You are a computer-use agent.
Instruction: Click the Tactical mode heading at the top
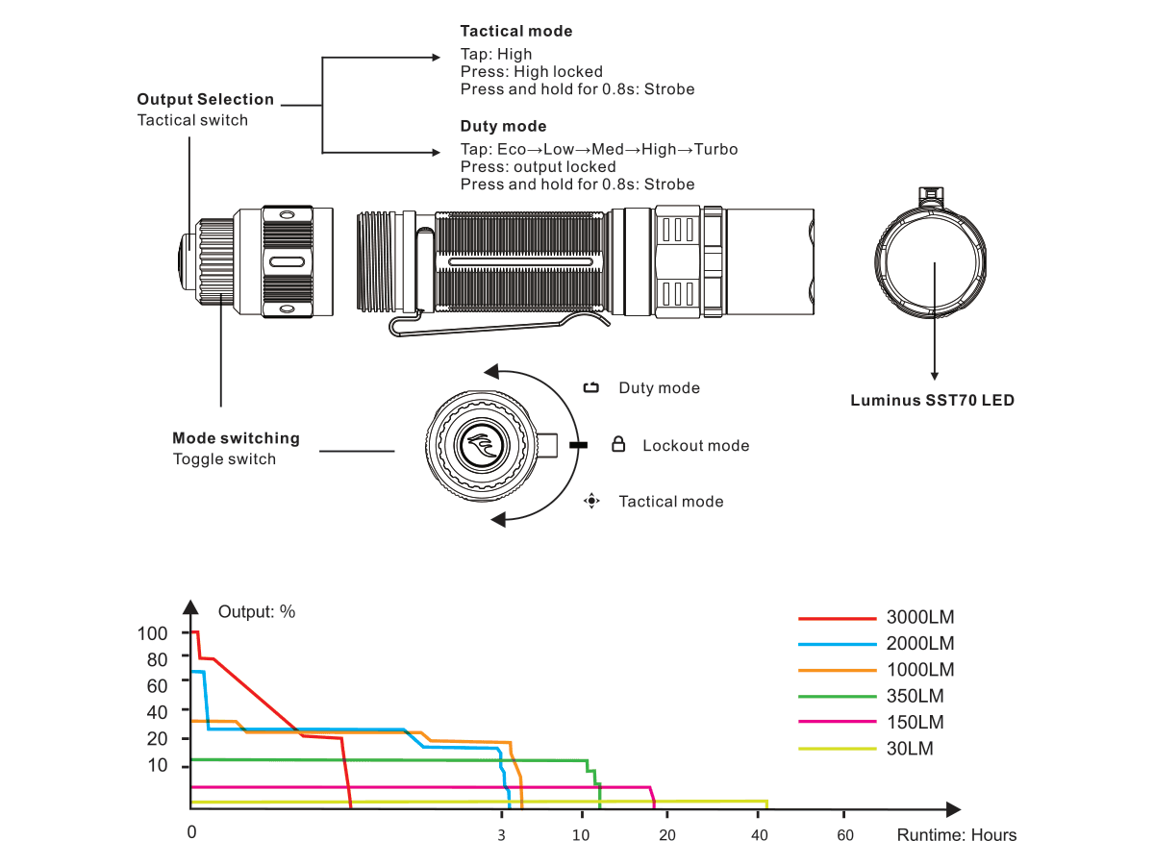[515, 32]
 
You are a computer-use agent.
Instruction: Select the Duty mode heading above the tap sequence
[503, 127]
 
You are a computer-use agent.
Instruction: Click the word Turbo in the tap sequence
[715, 150]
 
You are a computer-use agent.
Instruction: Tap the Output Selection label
[205, 100]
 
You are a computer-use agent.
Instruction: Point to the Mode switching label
[236, 438]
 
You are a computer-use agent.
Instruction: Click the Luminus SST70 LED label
[932, 401]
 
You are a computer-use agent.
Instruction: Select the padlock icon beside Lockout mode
[619, 445]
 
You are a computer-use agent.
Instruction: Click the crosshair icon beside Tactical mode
[592, 501]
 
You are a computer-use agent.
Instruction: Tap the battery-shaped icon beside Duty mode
[591, 388]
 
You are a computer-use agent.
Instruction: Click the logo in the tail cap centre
[479, 446]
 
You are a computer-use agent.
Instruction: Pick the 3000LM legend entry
[920, 618]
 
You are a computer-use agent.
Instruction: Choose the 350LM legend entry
[915, 696]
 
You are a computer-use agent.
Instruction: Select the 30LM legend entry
[910, 749]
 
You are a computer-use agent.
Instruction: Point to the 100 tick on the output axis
[152, 633]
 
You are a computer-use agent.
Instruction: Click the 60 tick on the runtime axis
[844, 834]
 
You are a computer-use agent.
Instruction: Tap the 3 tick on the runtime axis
[501, 834]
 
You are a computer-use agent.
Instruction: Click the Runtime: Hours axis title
[956, 835]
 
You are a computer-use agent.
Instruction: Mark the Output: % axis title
[257, 612]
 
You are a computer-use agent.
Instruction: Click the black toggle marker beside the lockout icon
[577, 445]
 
